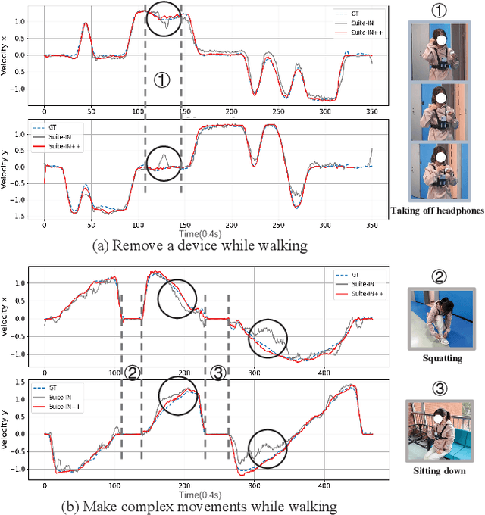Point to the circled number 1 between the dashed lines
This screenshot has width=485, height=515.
161,80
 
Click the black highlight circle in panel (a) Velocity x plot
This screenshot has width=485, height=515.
164,19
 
